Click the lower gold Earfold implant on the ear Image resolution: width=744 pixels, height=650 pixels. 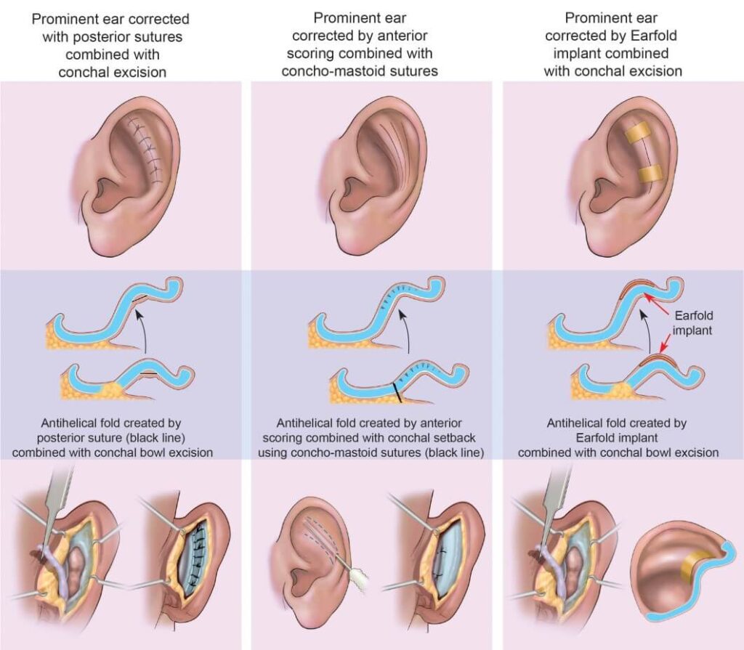click(648, 174)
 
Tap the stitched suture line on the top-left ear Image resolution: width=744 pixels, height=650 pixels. click(144, 149)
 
